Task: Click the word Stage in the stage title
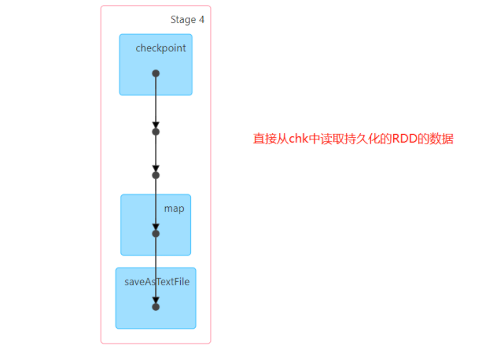[x=183, y=20]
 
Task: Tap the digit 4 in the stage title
[x=202, y=20]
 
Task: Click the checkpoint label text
[x=160, y=48]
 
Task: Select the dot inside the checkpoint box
[x=156, y=73]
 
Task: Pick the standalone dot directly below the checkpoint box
[x=156, y=132]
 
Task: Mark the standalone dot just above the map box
[x=156, y=175]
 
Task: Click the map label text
[x=174, y=208]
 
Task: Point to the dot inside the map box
[x=156, y=233]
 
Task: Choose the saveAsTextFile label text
[x=157, y=282]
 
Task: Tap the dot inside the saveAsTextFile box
[x=156, y=307]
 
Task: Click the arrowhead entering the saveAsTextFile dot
[x=156, y=300]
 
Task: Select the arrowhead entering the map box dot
[x=156, y=226]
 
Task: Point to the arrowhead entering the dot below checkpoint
[x=156, y=125]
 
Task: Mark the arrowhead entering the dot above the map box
[x=156, y=168]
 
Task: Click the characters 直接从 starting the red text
[x=271, y=139]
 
